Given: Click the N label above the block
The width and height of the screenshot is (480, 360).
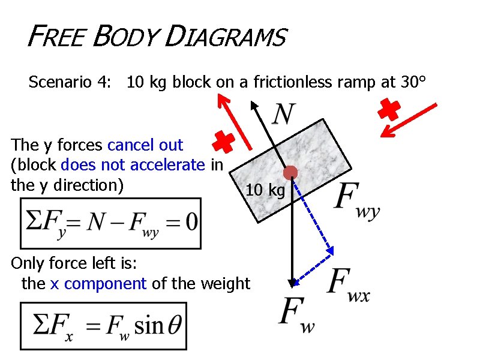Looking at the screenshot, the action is (284, 113).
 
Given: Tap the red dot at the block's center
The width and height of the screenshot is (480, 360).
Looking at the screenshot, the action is (290, 173).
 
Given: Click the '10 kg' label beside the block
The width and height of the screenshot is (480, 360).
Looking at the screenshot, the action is (265, 191).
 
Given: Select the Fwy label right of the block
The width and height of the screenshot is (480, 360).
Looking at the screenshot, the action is (358, 201).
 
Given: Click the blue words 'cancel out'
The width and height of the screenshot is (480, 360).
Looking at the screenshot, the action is (145, 145).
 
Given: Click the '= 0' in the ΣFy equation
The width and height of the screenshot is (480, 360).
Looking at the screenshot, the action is (182, 223).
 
